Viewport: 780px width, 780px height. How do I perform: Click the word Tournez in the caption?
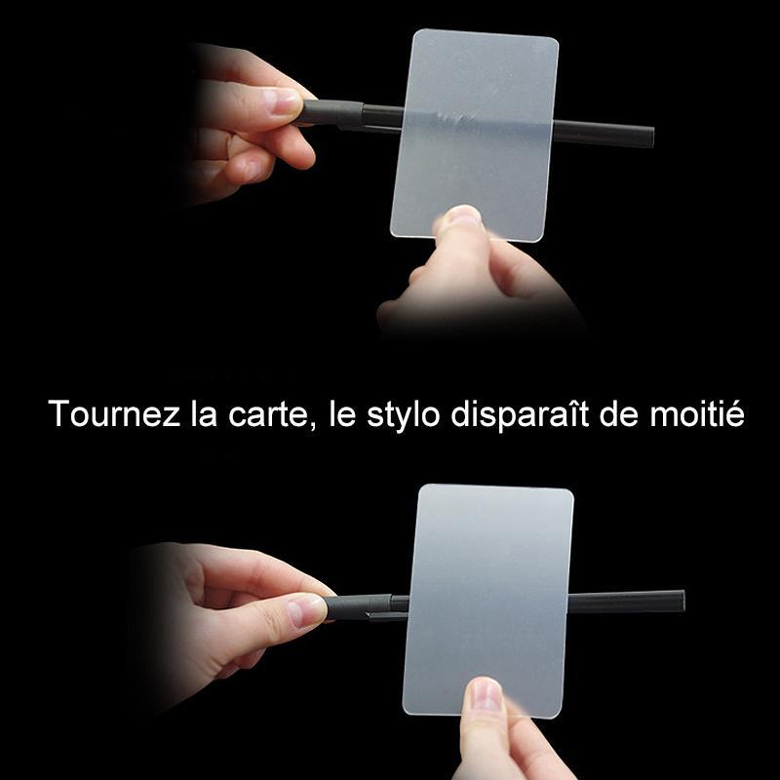(114, 413)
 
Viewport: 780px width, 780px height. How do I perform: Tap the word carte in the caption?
(269, 415)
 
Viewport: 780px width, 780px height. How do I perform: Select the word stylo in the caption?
(403, 416)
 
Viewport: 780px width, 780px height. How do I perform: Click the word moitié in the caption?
(697, 413)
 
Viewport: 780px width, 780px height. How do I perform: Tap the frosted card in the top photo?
(475, 136)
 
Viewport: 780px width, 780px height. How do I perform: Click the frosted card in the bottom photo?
(488, 601)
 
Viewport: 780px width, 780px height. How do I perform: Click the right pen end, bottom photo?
(682, 601)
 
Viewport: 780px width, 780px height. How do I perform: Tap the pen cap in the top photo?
(331, 113)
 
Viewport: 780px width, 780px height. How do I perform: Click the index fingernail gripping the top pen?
(282, 100)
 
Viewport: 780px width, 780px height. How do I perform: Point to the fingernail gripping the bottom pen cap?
(307, 610)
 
